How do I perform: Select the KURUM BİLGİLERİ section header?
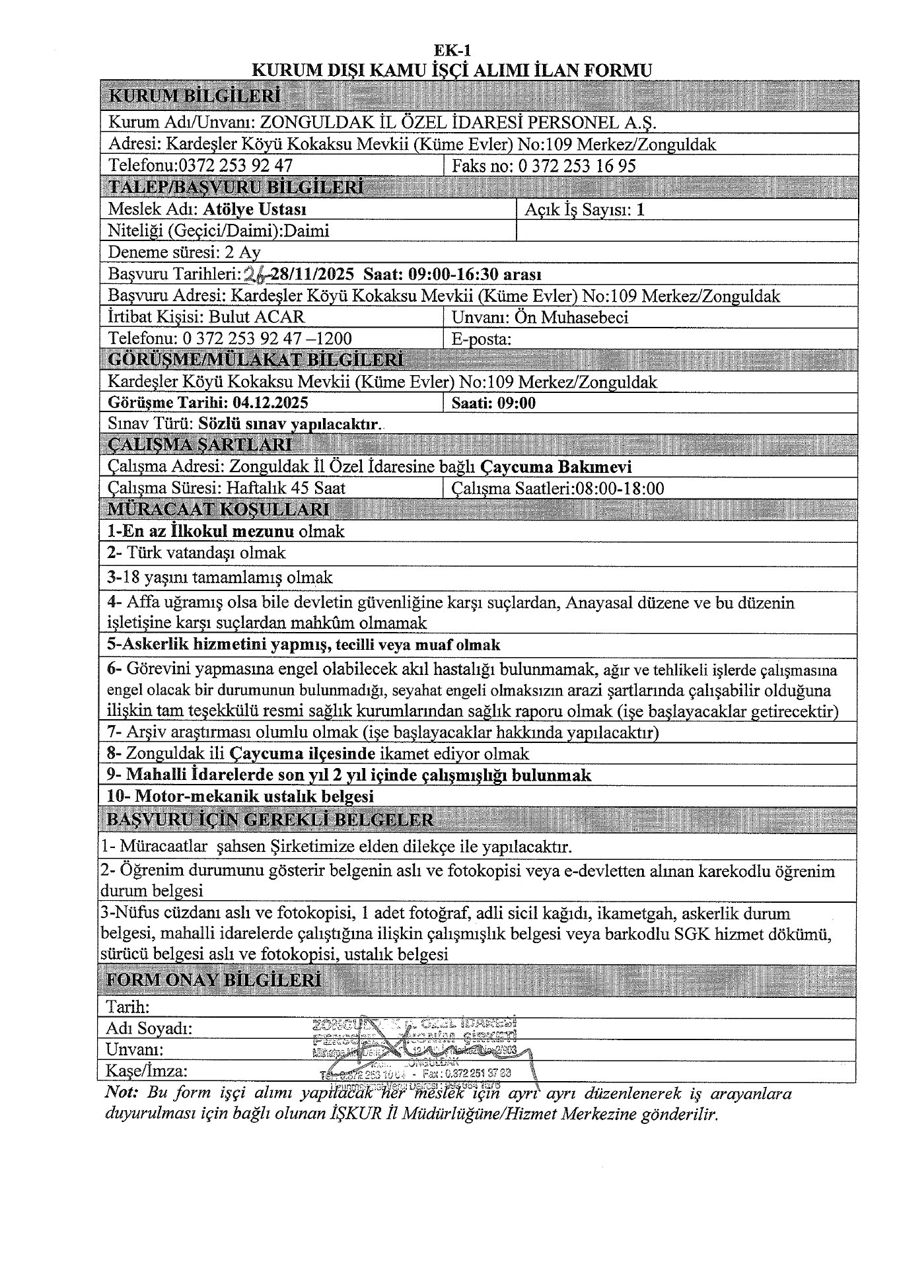[194, 96]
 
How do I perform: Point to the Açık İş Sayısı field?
[585, 210]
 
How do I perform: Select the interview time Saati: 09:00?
[493, 403]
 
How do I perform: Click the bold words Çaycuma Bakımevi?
[556, 467]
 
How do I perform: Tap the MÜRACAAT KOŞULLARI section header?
[218, 509]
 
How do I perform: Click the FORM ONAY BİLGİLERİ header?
[215, 979]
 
